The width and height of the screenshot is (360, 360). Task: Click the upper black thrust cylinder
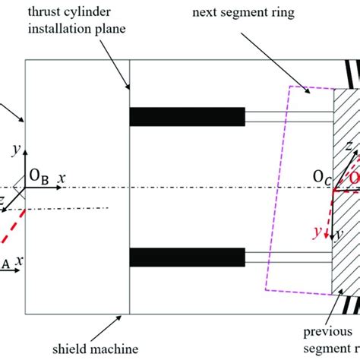click(x=187, y=116)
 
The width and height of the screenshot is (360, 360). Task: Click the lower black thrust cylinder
click(x=187, y=257)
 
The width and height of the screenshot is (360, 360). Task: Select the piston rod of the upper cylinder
click(x=289, y=116)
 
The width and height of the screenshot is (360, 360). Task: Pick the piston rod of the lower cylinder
click(x=289, y=257)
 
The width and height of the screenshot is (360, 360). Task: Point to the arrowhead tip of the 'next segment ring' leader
click(x=312, y=94)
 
